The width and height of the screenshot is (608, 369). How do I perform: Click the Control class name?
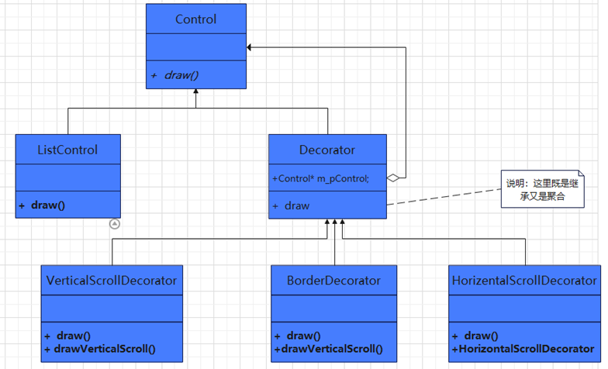[x=195, y=19]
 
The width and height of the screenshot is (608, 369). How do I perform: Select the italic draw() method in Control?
[x=181, y=74]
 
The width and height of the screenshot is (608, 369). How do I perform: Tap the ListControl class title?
[x=67, y=150]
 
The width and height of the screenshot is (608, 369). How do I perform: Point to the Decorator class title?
[x=327, y=150]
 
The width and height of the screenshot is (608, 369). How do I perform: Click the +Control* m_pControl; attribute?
[x=321, y=178]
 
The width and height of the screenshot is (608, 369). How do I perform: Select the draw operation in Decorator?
[x=297, y=206]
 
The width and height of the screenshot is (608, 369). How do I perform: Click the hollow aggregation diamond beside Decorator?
[x=393, y=178]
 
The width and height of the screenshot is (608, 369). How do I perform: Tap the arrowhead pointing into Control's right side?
[x=249, y=47]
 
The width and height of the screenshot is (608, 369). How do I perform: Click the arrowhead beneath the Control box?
[x=195, y=91]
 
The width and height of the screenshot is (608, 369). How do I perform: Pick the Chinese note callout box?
[x=543, y=189]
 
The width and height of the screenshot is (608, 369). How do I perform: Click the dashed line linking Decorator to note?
[x=444, y=197]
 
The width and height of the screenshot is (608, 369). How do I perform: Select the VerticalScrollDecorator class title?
[x=112, y=281]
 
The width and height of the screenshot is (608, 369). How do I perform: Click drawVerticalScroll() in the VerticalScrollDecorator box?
[x=105, y=349]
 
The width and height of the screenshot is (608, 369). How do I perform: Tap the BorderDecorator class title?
[x=333, y=281]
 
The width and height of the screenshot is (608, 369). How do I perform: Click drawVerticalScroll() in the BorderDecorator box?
[x=332, y=349]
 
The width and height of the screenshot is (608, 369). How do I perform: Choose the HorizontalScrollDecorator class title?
[x=524, y=281]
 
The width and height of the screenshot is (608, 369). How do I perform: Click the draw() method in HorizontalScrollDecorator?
[x=481, y=336]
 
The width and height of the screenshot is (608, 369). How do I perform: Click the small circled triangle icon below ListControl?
[x=115, y=224]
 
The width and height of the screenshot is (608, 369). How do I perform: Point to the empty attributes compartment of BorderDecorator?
[x=333, y=309]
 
